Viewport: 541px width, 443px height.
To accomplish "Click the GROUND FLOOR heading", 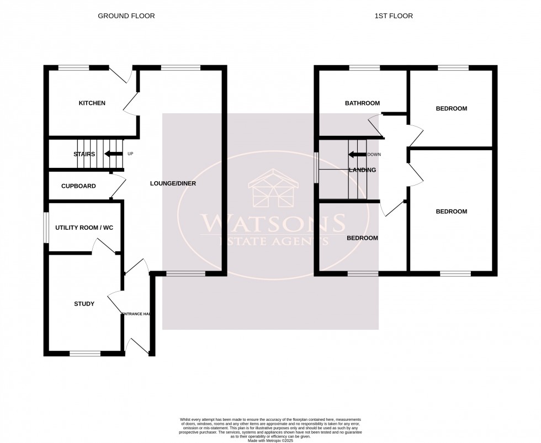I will (x=126, y=16).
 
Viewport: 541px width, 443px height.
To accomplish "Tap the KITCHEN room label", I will (x=92, y=103).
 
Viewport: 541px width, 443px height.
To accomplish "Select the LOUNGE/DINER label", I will (x=173, y=183).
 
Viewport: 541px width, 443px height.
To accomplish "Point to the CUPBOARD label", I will (x=78, y=186).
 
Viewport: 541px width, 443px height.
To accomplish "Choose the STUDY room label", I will (x=84, y=304).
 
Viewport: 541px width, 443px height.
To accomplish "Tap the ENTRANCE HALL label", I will (x=136, y=314).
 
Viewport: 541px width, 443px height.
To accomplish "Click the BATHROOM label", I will (x=362, y=103).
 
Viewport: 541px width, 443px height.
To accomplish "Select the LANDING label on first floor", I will (x=362, y=170).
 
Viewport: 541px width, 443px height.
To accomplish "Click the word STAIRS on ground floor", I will (x=84, y=154).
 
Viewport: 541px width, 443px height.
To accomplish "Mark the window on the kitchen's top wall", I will (x=74, y=68).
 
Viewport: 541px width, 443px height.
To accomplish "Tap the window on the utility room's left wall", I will (x=46, y=227).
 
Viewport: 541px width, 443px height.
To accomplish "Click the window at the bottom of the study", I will (x=85, y=352).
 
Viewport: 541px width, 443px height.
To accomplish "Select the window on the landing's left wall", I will (x=316, y=167).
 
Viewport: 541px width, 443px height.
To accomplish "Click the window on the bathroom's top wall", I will (x=364, y=68).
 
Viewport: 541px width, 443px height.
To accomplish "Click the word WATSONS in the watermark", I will (x=273, y=224).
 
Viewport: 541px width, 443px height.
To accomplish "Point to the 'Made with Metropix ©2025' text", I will (x=270, y=440).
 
